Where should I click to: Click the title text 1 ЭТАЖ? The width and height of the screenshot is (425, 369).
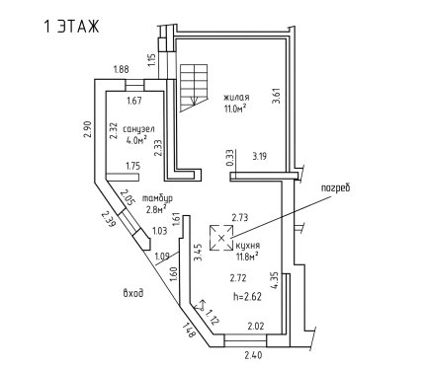(71, 27)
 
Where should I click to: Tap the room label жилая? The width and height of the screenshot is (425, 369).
(236, 98)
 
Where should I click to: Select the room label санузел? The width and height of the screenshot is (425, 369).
(138, 129)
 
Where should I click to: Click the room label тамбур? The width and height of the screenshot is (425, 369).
(157, 198)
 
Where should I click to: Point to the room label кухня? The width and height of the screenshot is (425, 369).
(248, 246)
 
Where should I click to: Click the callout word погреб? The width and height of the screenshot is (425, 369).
(335, 188)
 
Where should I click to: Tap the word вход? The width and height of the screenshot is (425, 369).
(133, 293)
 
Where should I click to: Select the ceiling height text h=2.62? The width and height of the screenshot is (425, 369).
(247, 297)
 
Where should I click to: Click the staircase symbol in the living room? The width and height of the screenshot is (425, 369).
(194, 88)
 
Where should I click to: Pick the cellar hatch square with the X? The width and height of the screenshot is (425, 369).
(221, 238)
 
